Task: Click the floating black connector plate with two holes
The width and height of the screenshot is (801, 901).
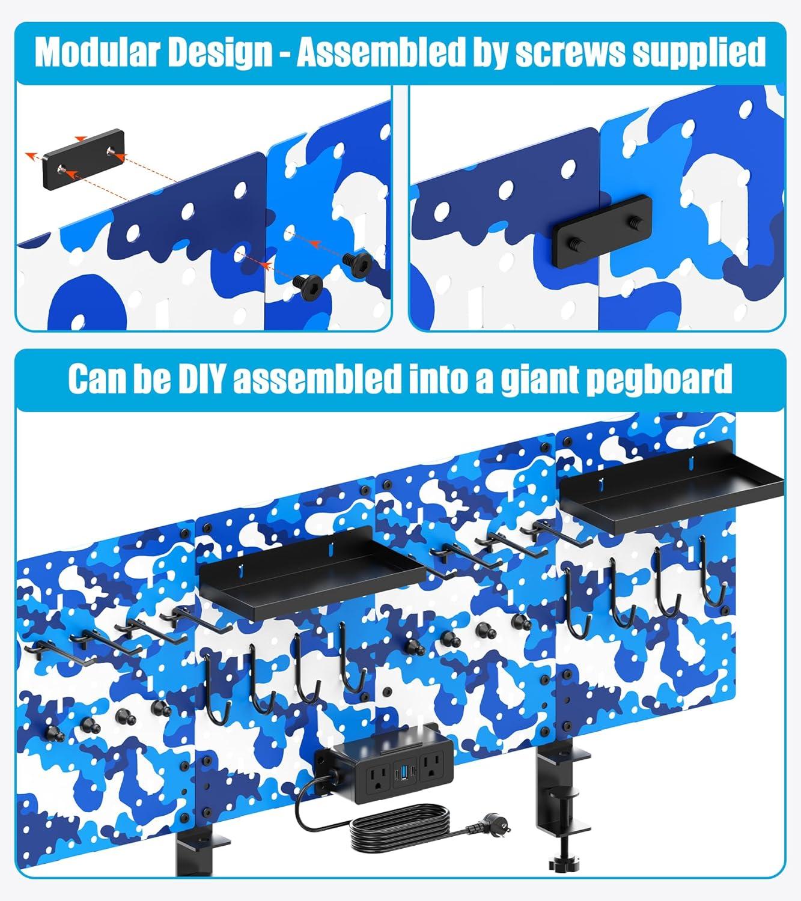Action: [83, 159]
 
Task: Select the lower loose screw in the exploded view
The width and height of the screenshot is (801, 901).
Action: [308, 285]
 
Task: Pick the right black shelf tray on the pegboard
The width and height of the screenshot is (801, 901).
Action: [672, 489]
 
